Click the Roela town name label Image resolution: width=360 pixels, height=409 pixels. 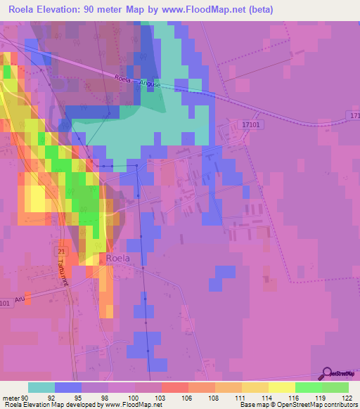118,258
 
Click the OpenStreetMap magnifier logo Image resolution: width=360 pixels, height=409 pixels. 326,372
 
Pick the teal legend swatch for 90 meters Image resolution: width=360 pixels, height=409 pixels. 41,387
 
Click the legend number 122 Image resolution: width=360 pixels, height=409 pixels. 347,397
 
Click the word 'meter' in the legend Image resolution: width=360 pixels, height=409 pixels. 13,397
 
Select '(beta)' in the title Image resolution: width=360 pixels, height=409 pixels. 258,10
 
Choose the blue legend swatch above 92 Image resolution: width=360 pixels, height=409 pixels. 68,387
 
